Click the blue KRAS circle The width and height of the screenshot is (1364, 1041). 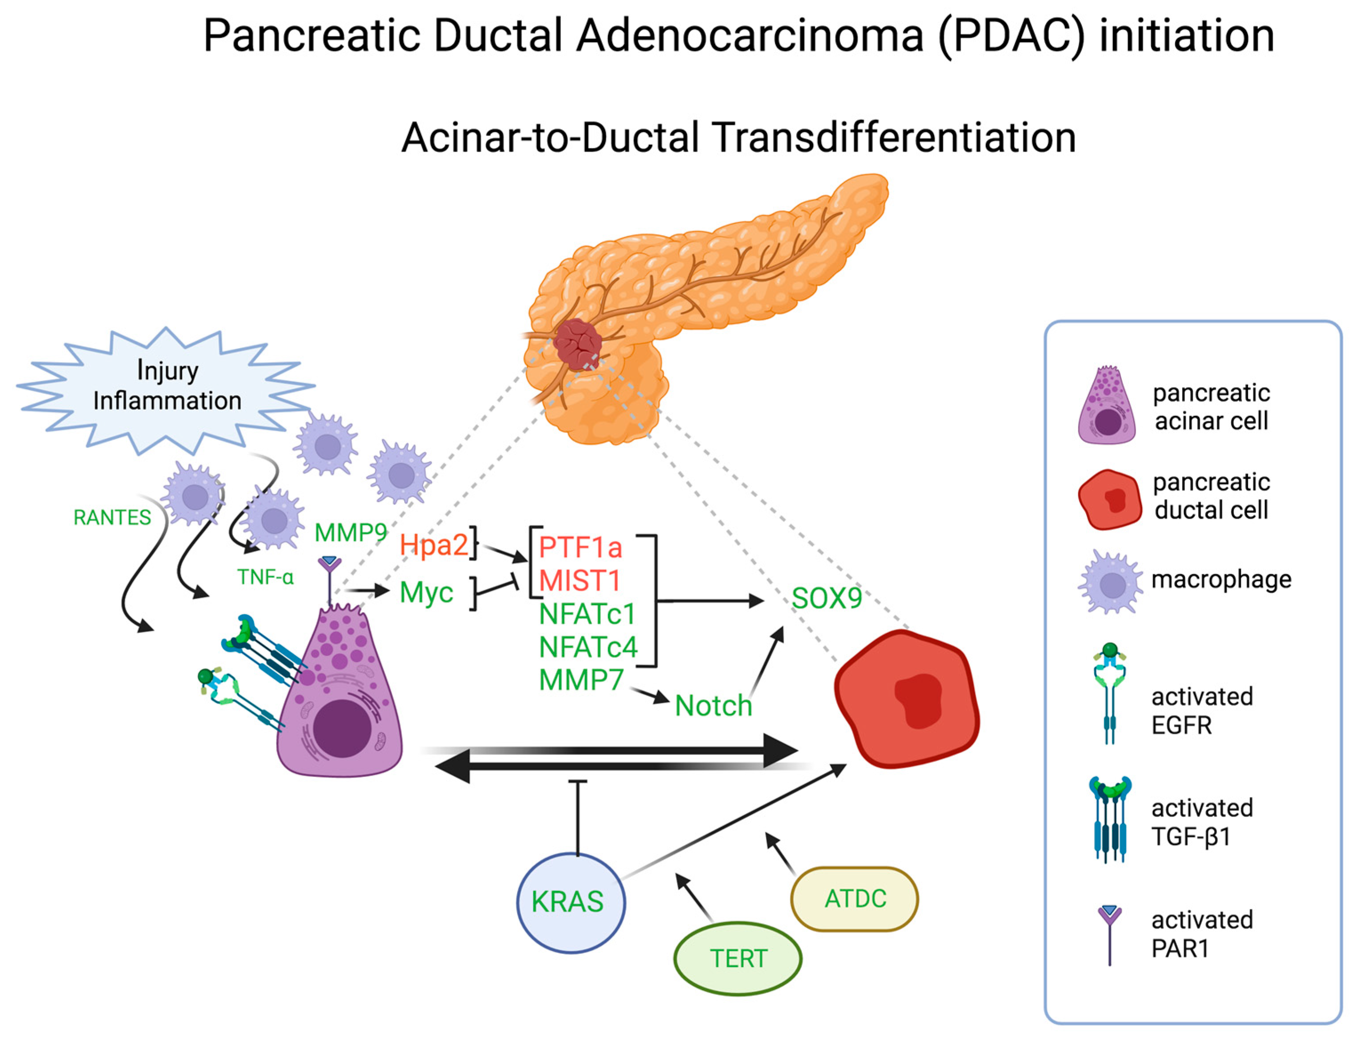[571, 902]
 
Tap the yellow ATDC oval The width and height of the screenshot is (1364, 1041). [855, 898]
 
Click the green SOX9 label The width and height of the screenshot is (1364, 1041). [827, 598]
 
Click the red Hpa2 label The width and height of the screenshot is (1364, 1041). [434, 545]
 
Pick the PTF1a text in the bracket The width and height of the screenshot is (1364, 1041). [580, 547]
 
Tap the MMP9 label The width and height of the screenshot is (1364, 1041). [351, 532]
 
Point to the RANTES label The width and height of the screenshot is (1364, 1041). [112, 517]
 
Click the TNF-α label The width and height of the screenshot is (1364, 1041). [265, 577]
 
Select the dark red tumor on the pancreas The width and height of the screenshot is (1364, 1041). [578, 344]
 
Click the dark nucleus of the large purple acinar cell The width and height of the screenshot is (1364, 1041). [342, 729]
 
